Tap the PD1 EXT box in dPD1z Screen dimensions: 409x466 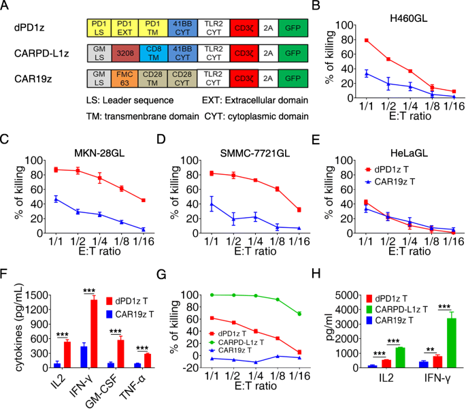tap(124, 27)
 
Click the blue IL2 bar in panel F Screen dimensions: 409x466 tap(58, 365)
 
